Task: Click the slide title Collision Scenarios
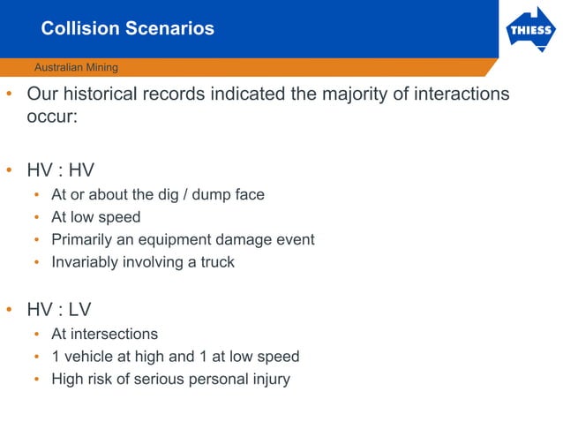pos(127,28)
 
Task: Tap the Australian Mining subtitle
pos(75,67)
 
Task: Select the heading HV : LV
pos(59,310)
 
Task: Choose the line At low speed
pos(95,217)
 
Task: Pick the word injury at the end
pos(269,380)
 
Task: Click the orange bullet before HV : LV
pos(9,311)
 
